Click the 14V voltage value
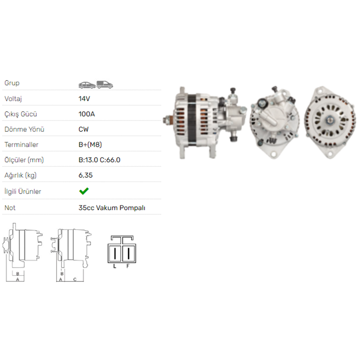pyautogui.click(x=84, y=99)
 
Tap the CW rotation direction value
pyautogui.click(x=84, y=129)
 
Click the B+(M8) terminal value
pyautogui.click(x=91, y=145)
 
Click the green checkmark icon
pyautogui.click(x=84, y=191)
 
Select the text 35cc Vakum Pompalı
pyautogui.click(x=112, y=208)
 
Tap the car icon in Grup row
pyautogui.click(x=87, y=85)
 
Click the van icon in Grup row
pyautogui.click(x=105, y=85)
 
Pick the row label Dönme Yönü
pyautogui.click(x=24, y=129)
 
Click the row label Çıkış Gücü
pyautogui.click(x=21, y=114)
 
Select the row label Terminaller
pyautogui.click(x=21, y=145)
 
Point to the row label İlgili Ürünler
pyautogui.click(x=23, y=191)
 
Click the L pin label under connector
pyautogui.click(x=114, y=266)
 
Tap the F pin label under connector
pyautogui.click(x=127, y=266)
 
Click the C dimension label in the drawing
pyautogui.click(x=75, y=279)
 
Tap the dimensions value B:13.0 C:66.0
pyautogui.click(x=99, y=160)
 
